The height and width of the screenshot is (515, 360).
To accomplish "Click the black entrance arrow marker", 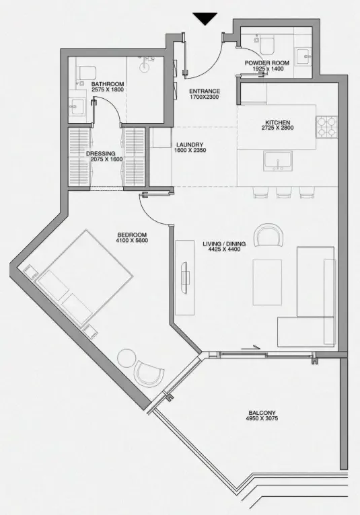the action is (x=205, y=18).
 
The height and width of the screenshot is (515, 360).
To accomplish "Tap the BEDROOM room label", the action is (x=132, y=235).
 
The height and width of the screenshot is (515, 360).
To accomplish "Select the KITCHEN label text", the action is (x=277, y=123).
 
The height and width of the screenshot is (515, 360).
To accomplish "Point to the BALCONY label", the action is (x=262, y=413).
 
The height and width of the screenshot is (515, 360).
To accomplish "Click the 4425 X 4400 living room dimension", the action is (x=224, y=249).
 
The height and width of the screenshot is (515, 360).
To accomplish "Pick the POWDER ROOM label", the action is (x=267, y=63).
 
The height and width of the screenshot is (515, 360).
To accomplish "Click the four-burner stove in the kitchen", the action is (x=327, y=127).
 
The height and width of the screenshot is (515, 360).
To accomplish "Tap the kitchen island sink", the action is (x=278, y=161).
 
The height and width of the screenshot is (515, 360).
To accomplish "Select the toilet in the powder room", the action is (x=267, y=45).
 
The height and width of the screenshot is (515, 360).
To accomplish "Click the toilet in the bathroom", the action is (x=86, y=73).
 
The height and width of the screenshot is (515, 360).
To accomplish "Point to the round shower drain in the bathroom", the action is (x=144, y=67).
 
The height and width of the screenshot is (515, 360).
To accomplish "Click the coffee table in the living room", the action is (x=267, y=282).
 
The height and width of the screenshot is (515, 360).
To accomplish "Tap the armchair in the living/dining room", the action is (x=268, y=235).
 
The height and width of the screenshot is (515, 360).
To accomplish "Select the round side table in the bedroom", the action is (x=127, y=358).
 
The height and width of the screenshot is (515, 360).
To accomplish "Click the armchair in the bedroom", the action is (x=149, y=373).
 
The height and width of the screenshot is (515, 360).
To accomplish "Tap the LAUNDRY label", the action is (x=190, y=145).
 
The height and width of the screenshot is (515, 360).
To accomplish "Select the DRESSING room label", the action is (x=101, y=154).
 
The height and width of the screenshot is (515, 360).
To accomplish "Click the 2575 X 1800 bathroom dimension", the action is (x=108, y=89).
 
